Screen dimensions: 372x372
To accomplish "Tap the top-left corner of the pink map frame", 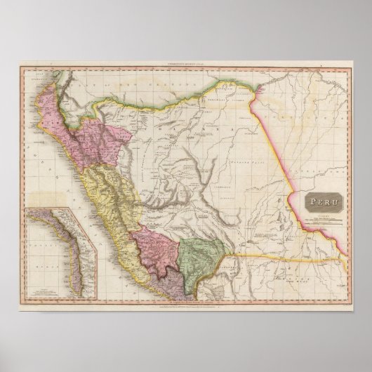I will point(20,69).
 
